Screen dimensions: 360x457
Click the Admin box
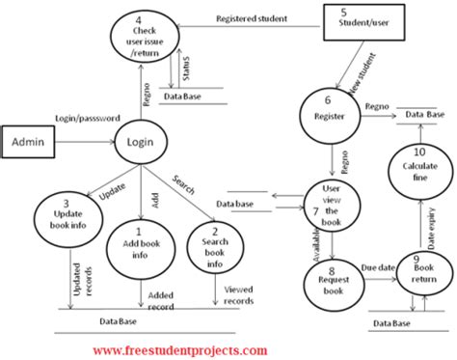click(31, 141)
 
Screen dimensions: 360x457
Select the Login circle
click(141, 143)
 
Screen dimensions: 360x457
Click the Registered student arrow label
click(249, 17)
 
